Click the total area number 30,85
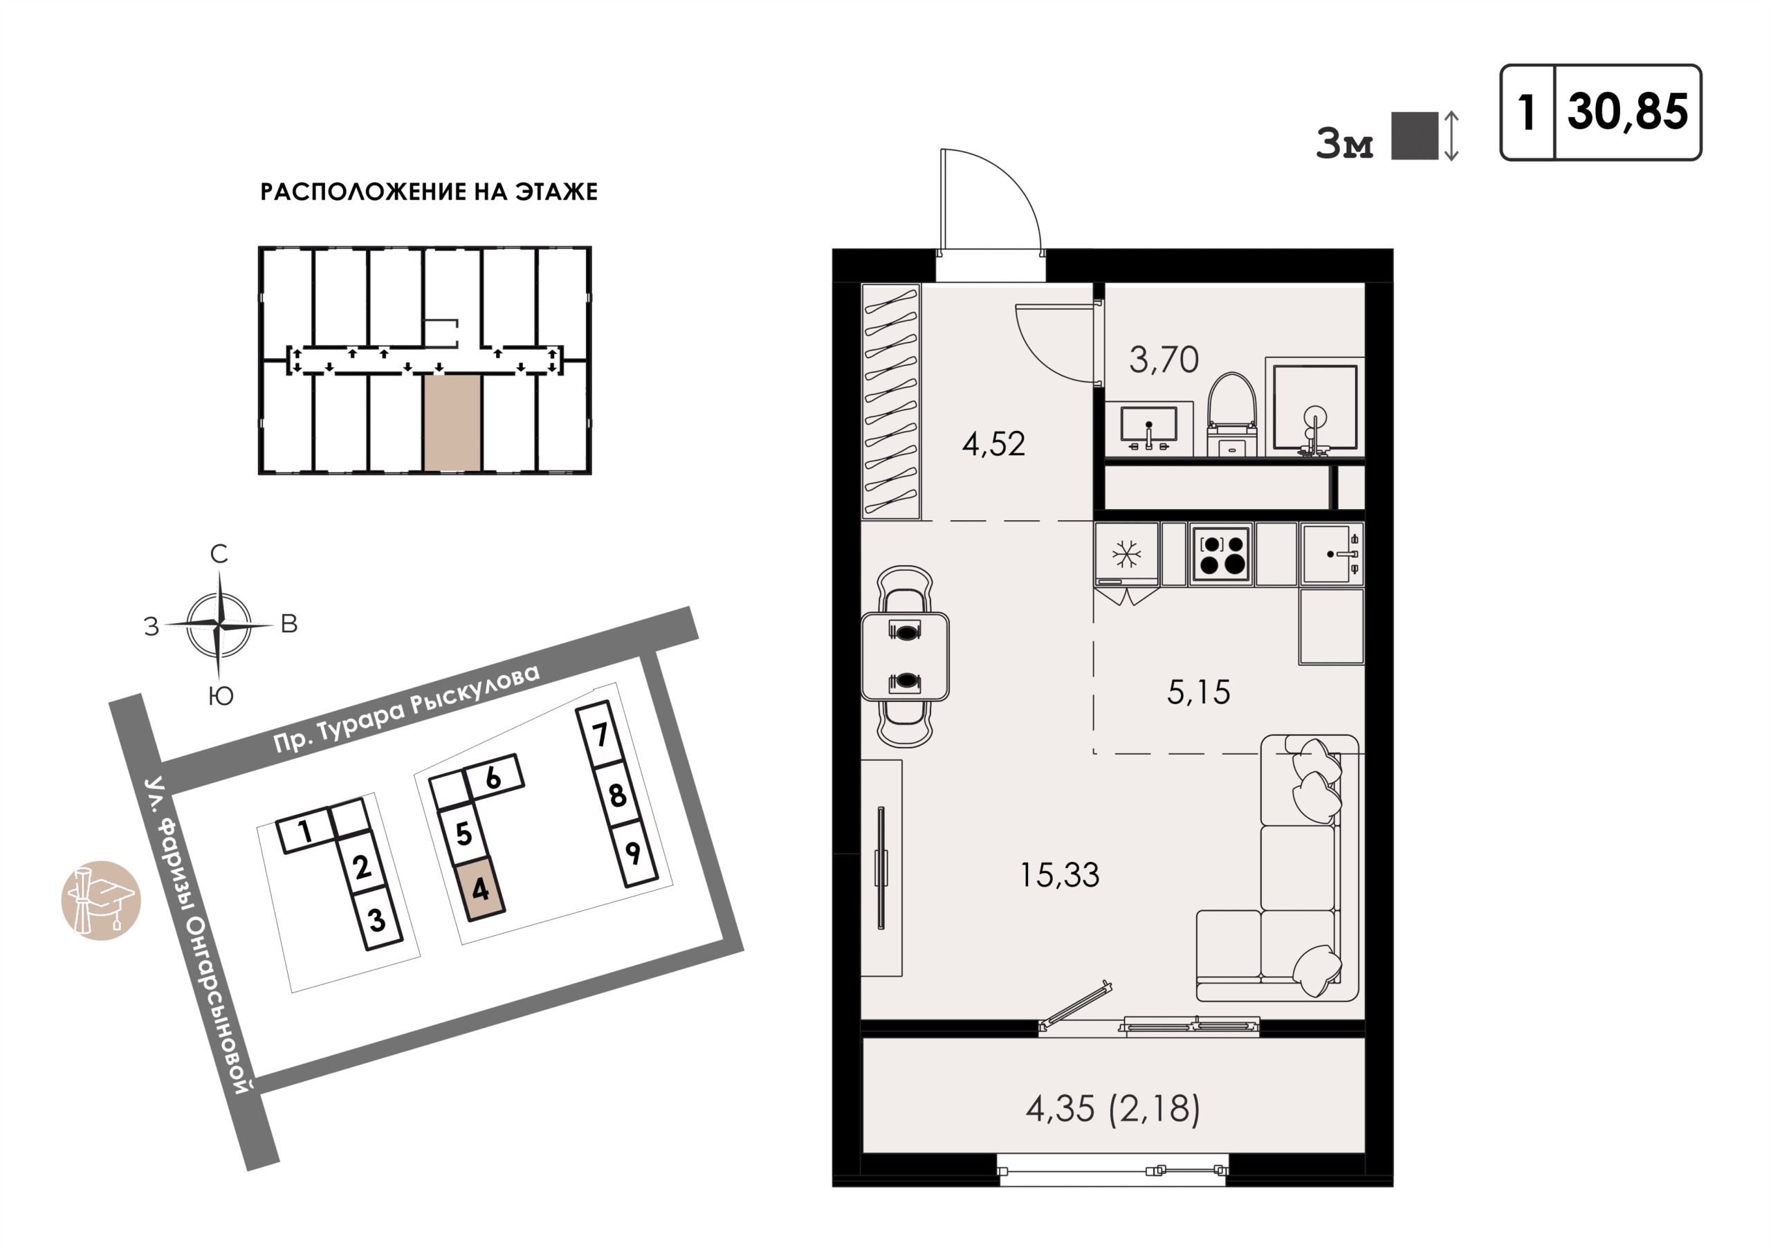click(1628, 113)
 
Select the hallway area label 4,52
click(993, 444)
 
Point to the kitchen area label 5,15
click(1198, 692)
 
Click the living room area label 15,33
click(1059, 875)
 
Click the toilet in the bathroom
click(1232, 414)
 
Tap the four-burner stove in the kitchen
click(1222, 553)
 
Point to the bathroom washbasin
click(1148, 429)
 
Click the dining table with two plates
click(905, 656)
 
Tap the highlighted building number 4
click(480, 889)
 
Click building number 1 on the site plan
click(306, 830)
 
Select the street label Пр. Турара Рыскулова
click(407, 709)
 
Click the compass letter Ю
click(221, 696)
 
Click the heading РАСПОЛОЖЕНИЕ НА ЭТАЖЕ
click(429, 192)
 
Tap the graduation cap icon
click(101, 900)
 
